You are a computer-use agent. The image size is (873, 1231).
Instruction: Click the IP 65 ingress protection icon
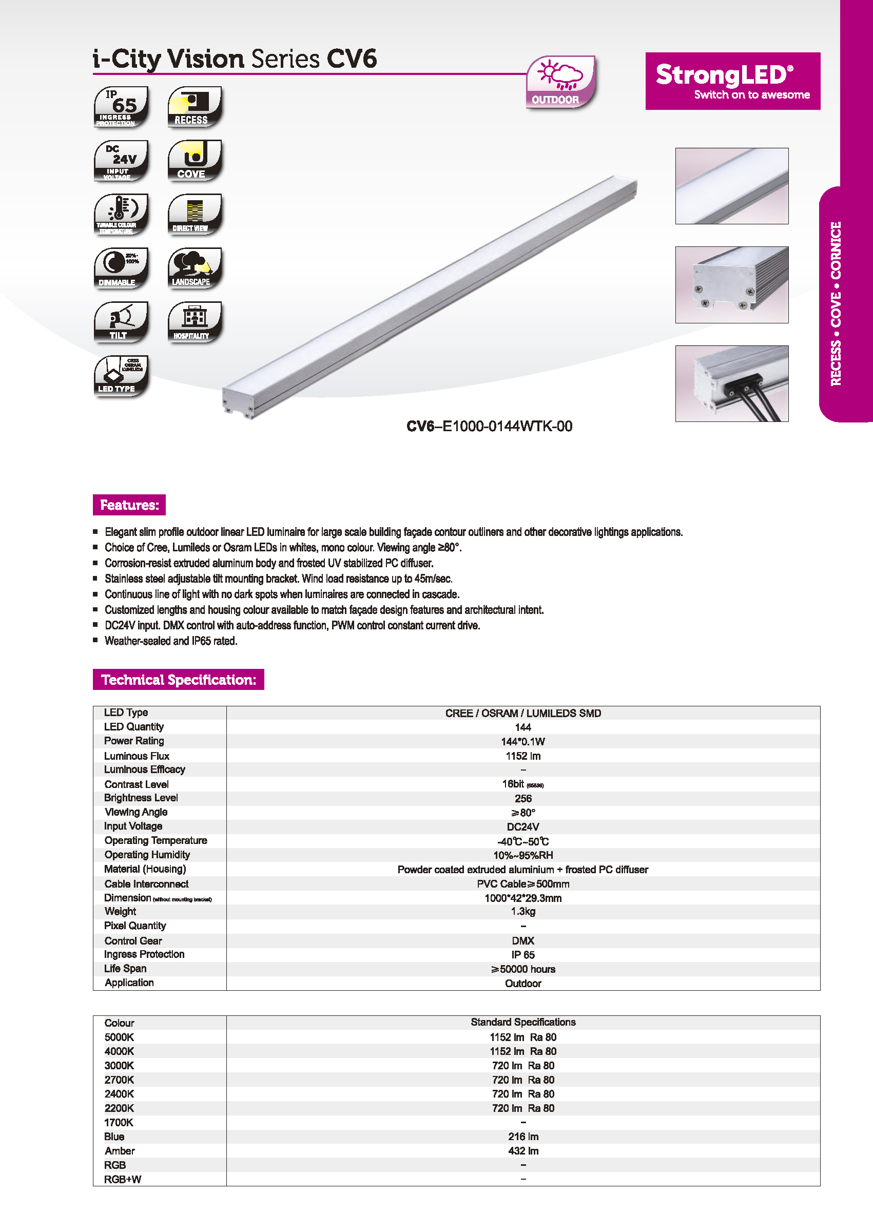121,106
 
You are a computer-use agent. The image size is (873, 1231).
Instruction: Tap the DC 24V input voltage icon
121,160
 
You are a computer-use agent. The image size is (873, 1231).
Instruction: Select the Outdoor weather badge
560,82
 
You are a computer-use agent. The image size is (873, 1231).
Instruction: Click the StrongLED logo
732,81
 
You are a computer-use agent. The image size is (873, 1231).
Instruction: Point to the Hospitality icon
195,321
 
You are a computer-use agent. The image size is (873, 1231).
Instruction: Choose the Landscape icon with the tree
195,267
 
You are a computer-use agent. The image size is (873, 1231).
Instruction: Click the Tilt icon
121,321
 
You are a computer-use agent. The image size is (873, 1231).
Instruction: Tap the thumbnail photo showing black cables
732,383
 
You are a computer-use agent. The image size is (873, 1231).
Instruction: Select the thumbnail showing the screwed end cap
732,284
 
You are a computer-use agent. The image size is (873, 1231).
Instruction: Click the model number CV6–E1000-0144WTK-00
489,426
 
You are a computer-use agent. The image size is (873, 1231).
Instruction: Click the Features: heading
129,505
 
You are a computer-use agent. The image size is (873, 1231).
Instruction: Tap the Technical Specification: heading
179,680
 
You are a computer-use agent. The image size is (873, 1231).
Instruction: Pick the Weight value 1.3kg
522,911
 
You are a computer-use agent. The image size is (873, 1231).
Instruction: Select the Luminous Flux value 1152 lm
522,756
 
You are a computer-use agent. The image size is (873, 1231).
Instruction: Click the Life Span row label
125,968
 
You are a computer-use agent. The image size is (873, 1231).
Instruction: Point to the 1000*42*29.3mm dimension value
522,898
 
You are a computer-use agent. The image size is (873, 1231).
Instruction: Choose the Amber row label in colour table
120,1150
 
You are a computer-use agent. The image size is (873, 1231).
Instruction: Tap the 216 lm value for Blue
522,1137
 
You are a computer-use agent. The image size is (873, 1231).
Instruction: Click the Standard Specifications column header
522,1022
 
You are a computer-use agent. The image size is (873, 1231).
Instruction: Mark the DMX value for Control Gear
522,940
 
